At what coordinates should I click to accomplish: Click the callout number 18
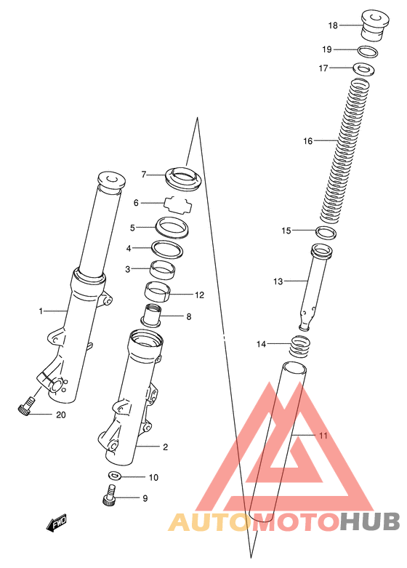coord(333,25)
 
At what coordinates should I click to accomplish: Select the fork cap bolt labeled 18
coord(376,26)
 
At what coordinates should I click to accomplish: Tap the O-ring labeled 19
coord(368,52)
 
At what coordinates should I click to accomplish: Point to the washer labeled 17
coord(363,69)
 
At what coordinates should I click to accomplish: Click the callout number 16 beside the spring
coord(307,141)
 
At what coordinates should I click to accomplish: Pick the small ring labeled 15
coord(326,233)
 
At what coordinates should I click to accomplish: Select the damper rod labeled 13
coord(313,287)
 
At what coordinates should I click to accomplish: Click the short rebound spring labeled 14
coord(300,346)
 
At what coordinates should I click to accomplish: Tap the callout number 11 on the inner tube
coord(323,435)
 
